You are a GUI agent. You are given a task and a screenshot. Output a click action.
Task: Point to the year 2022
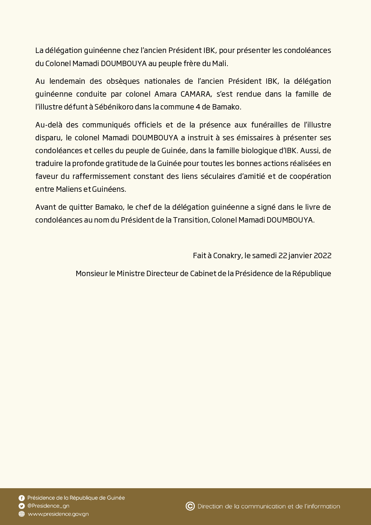click(x=322, y=255)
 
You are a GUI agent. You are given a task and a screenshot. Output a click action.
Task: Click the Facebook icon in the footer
click(x=22, y=498)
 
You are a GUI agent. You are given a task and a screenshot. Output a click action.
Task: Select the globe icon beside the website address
click(x=22, y=514)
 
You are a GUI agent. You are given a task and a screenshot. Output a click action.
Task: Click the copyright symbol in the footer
click(x=190, y=506)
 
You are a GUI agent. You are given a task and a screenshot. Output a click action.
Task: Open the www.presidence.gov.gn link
click(x=58, y=514)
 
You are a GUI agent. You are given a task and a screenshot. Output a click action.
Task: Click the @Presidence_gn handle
click(x=48, y=506)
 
